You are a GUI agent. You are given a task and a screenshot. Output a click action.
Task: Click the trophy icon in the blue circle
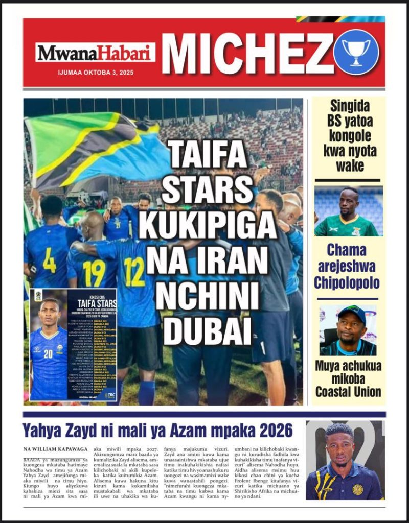356,52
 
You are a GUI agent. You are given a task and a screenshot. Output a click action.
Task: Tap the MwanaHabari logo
95,53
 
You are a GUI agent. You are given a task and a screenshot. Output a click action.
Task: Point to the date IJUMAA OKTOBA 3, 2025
96,73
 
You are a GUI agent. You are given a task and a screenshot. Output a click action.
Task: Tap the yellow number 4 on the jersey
50,260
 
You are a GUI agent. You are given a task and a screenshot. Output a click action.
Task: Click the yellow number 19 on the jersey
94,273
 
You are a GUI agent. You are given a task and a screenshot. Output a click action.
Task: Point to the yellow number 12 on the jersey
134,271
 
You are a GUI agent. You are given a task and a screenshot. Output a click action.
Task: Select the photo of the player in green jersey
348,211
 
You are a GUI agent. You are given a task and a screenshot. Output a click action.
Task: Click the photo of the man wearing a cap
348,330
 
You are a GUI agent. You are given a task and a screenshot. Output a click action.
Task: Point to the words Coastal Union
348,392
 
